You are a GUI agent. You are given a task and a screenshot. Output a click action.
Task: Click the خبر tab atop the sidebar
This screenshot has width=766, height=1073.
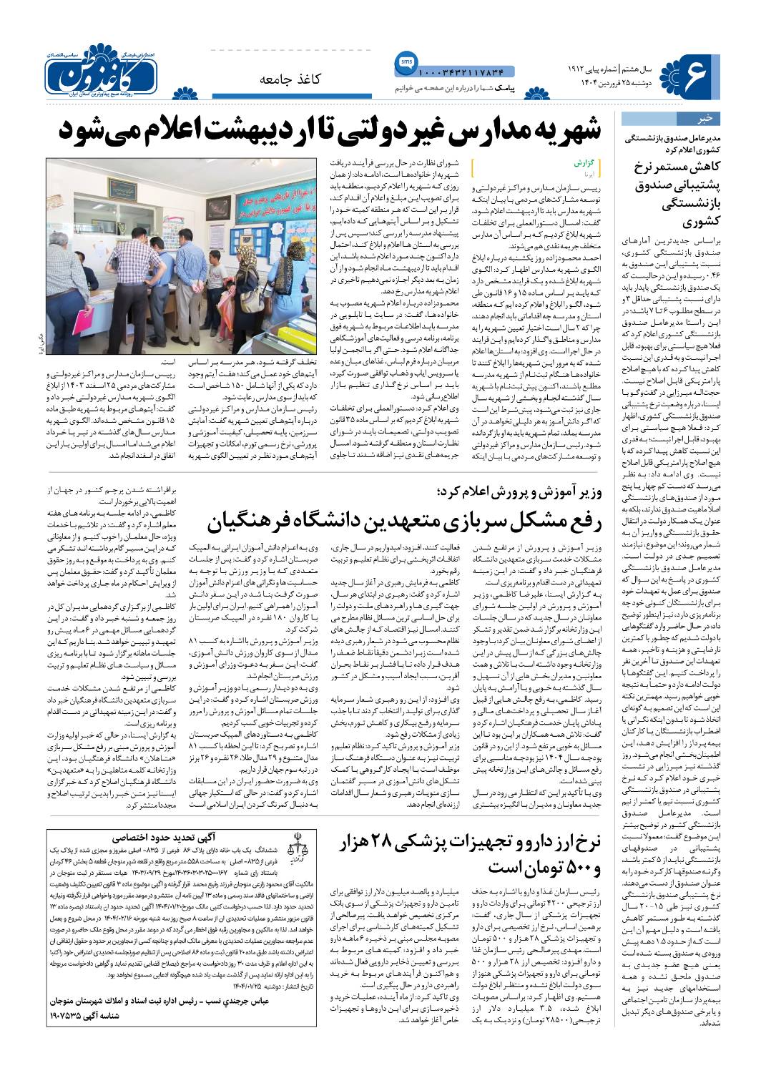(x=704, y=118)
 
